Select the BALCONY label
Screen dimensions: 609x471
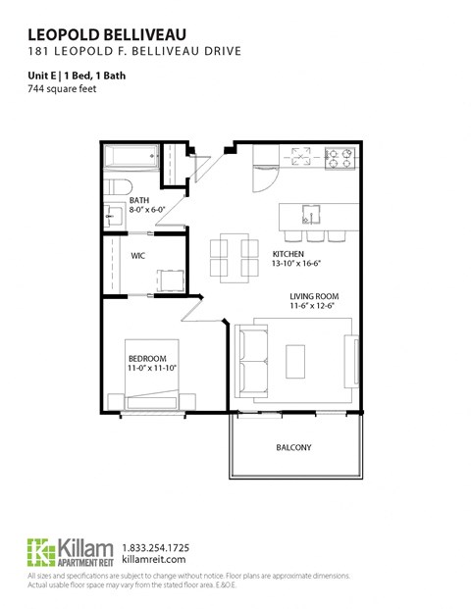(292, 448)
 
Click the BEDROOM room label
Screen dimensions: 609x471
(147, 358)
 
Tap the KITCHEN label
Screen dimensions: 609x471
(289, 254)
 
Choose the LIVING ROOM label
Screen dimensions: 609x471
(314, 296)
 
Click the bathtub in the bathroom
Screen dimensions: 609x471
(131, 157)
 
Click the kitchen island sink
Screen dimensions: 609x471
(310, 213)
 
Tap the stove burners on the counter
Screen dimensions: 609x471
(341, 154)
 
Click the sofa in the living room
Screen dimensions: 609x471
(249, 360)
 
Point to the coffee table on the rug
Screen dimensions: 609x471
(296, 360)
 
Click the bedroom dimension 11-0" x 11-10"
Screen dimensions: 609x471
(152, 370)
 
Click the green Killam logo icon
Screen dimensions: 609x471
(39, 551)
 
